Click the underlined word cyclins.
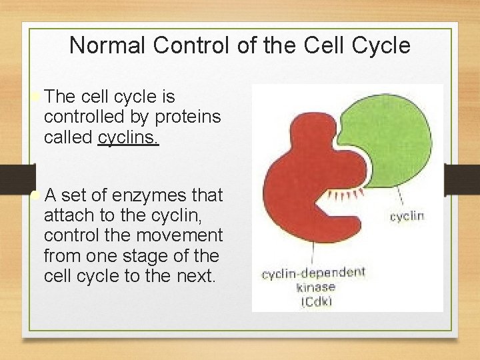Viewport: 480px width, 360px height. click(128, 137)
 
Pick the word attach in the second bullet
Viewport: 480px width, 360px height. click(67, 215)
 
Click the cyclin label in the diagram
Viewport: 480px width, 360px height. click(407, 216)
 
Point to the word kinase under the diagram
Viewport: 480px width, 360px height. click(315, 287)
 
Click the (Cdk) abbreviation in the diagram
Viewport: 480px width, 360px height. click(316, 302)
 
